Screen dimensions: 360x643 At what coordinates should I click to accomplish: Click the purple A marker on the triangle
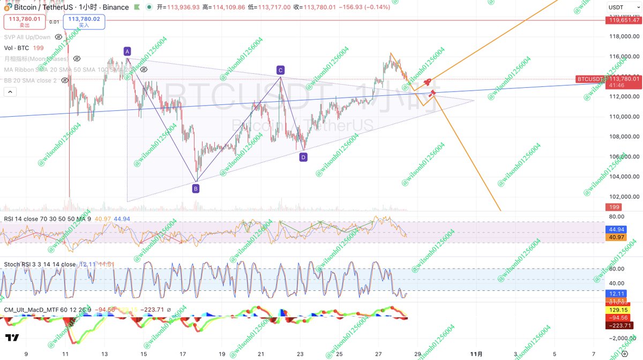(127, 51)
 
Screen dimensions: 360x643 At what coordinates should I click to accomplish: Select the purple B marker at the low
(196, 189)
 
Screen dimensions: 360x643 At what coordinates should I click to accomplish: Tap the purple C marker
(280, 70)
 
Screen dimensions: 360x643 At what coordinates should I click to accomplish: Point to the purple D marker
(303, 157)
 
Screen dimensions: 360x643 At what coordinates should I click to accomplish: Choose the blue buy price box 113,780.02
(84, 21)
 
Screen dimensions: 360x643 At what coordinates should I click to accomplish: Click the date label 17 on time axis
(183, 354)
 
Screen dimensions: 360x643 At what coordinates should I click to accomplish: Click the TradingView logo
(12, 338)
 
